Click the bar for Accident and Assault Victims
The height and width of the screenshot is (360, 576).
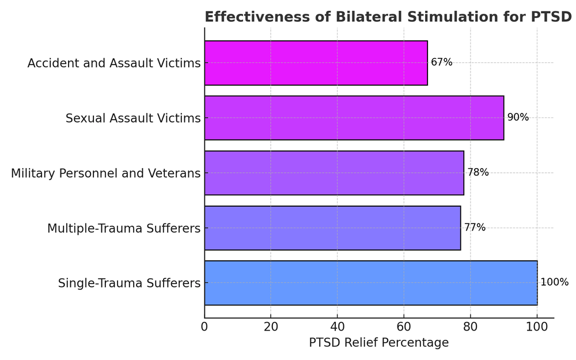[x=316, y=63]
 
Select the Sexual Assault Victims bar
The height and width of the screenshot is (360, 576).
[x=354, y=118]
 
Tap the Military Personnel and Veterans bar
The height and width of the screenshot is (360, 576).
[x=334, y=173]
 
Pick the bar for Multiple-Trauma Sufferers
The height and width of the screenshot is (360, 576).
[x=332, y=228]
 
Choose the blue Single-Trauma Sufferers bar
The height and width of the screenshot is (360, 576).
[x=370, y=283]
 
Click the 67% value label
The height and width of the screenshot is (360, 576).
[x=442, y=62]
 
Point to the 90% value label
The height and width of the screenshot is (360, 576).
[x=518, y=118]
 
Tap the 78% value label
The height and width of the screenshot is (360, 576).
[x=478, y=172]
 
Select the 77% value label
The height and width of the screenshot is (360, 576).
[x=475, y=228]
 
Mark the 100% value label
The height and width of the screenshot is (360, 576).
[x=554, y=282]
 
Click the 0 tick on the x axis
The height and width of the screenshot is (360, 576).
[x=204, y=327]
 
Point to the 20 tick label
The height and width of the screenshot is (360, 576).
[x=271, y=327]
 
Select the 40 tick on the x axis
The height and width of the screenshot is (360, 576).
[x=338, y=327]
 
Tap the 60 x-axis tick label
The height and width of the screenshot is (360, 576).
[x=404, y=327]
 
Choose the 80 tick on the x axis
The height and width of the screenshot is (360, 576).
[x=471, y=327]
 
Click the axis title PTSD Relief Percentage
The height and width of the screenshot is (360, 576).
[x=378, y=343]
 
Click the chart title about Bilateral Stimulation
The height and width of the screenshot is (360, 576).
[x=388, y=17]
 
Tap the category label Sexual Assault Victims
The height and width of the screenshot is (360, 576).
[x=133, y=118]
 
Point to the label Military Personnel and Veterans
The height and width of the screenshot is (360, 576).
[x=106, y=173]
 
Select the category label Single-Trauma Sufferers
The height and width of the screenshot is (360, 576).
[x=129, y=283]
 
